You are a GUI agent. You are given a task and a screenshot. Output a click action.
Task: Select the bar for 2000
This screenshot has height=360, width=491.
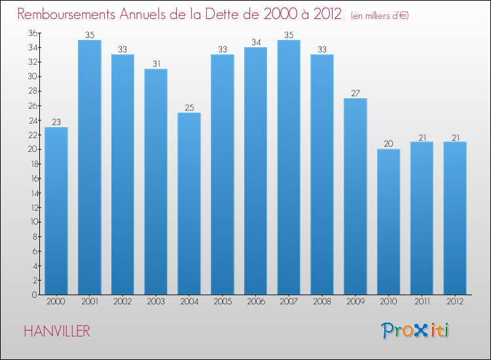(x=56, y=211)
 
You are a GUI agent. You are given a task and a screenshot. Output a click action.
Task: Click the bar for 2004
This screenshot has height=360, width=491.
(x=189, y=204)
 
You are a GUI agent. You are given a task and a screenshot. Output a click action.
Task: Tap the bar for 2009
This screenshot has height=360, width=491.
(x=355, y=196)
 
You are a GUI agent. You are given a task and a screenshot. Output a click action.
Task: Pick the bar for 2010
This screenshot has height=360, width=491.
(x=388, y=222)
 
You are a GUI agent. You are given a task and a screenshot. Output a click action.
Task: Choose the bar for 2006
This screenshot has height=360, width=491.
(x=255, y=171)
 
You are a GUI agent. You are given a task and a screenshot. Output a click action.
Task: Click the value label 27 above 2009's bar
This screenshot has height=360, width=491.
(x=355, y=93)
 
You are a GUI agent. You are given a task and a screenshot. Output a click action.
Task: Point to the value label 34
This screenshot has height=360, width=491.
(x=255, y=42)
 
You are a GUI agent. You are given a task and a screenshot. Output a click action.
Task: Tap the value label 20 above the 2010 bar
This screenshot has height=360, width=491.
(x=388, y=144)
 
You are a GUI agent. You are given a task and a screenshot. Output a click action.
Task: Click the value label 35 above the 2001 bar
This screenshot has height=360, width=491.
(x=90, y=35)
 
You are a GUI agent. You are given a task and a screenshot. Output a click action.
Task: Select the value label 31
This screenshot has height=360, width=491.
(x=156, y=63)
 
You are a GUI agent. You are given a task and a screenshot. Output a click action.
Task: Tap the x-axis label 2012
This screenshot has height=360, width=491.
(x=454, y=302)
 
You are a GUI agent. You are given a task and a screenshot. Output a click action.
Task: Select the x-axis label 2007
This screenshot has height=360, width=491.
(x=289, y=302)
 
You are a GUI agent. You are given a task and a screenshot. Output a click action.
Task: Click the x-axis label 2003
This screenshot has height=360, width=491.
(x=156, y=302)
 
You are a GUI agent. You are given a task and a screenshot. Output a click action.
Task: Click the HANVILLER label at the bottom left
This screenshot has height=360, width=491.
(x=57, y=331)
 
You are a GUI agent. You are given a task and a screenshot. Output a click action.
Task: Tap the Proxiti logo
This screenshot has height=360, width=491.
(x=414, y=331)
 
